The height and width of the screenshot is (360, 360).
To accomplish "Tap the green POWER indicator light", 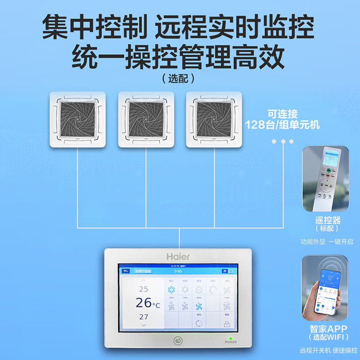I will point(230,338).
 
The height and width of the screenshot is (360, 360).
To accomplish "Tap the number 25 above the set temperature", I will point(144,289).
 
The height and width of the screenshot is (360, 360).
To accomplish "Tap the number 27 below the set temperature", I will point(144,317).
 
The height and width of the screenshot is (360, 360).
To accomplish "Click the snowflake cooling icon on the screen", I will point(171,289).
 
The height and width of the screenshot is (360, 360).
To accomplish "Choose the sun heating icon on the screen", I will point(185,289).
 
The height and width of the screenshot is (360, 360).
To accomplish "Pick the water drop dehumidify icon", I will point(199,289).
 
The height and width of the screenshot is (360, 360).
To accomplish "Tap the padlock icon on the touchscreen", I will point(227,324).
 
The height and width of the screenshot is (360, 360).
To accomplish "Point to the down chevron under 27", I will point(144,324).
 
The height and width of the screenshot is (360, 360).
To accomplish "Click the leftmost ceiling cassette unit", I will point(77,119).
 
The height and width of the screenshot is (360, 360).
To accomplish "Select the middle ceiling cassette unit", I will point(146,119).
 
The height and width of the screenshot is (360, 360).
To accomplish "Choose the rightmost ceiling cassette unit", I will point(214,119).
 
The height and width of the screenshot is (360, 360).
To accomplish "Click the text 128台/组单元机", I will point(282,125).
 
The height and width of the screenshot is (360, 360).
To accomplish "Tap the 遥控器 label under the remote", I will point(328,220).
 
